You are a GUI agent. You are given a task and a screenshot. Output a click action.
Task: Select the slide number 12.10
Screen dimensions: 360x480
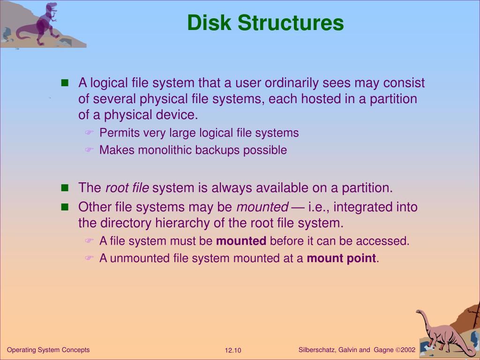pyautogui.click(x=232, y=351)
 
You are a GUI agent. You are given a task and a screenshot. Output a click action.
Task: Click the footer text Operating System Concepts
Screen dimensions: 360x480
pyautogui.click(x=48, y=350)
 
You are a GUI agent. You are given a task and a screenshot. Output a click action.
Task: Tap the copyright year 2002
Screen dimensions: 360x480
pyautogui.click(x=408, y=350)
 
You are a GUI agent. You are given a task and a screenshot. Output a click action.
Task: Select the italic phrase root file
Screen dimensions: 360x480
pyautogui.click(x=127, y=188)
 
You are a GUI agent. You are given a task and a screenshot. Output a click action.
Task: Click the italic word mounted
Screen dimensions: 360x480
pyautogui.click(x=262, y=207)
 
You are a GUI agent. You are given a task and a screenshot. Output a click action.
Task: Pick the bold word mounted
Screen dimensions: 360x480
pyautogui.click(x=241, y=241)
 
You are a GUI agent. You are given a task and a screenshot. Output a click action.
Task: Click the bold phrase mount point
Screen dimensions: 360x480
pyautogui.click(x=341, y=258)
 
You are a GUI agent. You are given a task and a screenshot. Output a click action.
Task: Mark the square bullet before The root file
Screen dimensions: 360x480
pyautogui.click(x=65, y=188)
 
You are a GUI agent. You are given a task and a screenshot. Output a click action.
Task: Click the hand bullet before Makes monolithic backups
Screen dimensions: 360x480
pyautogui.click(x=89, y=150)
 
